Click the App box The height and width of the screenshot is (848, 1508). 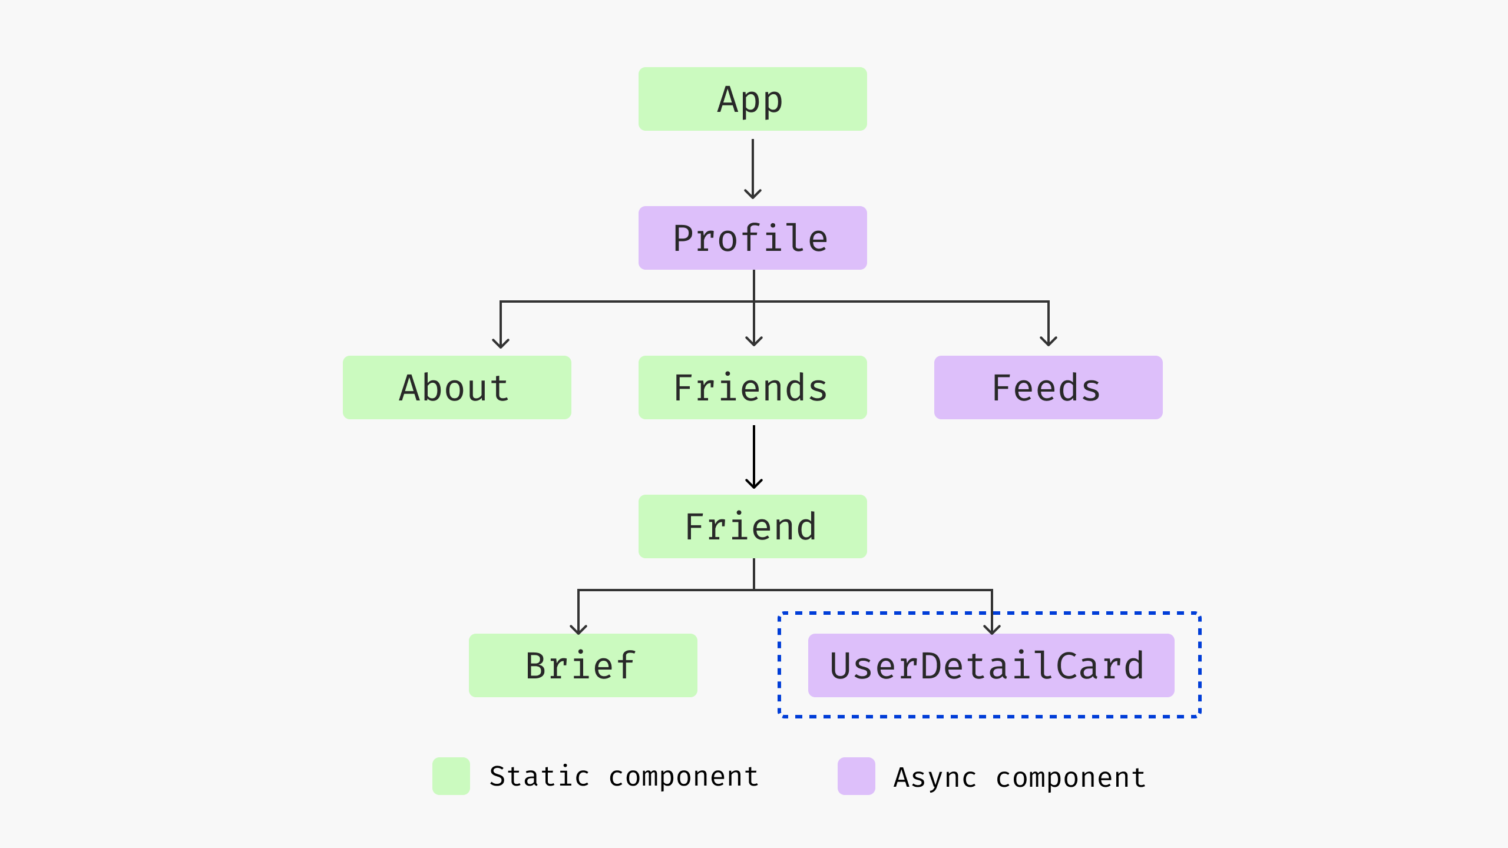coord(752,99)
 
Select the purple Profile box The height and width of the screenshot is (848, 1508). coord(752,238)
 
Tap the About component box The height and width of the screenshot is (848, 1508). coord(457,387)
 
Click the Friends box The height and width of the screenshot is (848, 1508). coord(752,387)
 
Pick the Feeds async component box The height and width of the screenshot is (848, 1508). coord(1048,387)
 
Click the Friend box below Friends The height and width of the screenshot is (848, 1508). coord(752,526)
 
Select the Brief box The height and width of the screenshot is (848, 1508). coord(583,665)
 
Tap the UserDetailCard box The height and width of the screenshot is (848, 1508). coord(991,665)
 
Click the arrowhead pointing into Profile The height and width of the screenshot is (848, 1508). coord(753,194)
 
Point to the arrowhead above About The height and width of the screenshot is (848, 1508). coord(501,343)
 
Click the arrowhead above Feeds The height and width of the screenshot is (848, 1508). coord(1049,342)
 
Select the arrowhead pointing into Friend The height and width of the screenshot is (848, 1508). coord(754,483)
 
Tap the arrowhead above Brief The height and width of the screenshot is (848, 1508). coord(578,630)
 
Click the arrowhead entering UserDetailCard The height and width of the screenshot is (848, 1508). coord(992,630)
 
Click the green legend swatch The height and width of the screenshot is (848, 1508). coord(451,776)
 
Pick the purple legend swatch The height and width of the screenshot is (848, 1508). coord(856,776)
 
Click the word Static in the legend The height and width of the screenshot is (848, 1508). coord(539,776)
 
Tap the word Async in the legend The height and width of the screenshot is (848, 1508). coord(935,777)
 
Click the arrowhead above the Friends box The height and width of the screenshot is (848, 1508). coord(754,342)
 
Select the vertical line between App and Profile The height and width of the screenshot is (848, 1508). coord(753,165)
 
